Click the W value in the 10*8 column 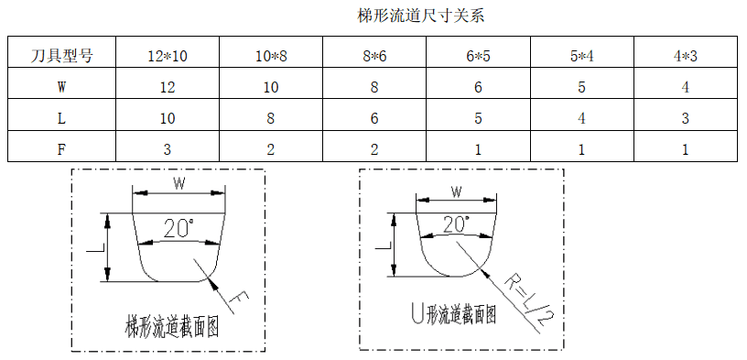pos(271,88)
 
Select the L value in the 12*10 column pos(167,119)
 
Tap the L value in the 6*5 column pos(478,119)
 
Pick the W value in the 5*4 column pos(581,88)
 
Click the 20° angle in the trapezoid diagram pos(179,228)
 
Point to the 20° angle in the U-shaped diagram pos(455,224)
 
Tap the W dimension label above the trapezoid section pos(179,183)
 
